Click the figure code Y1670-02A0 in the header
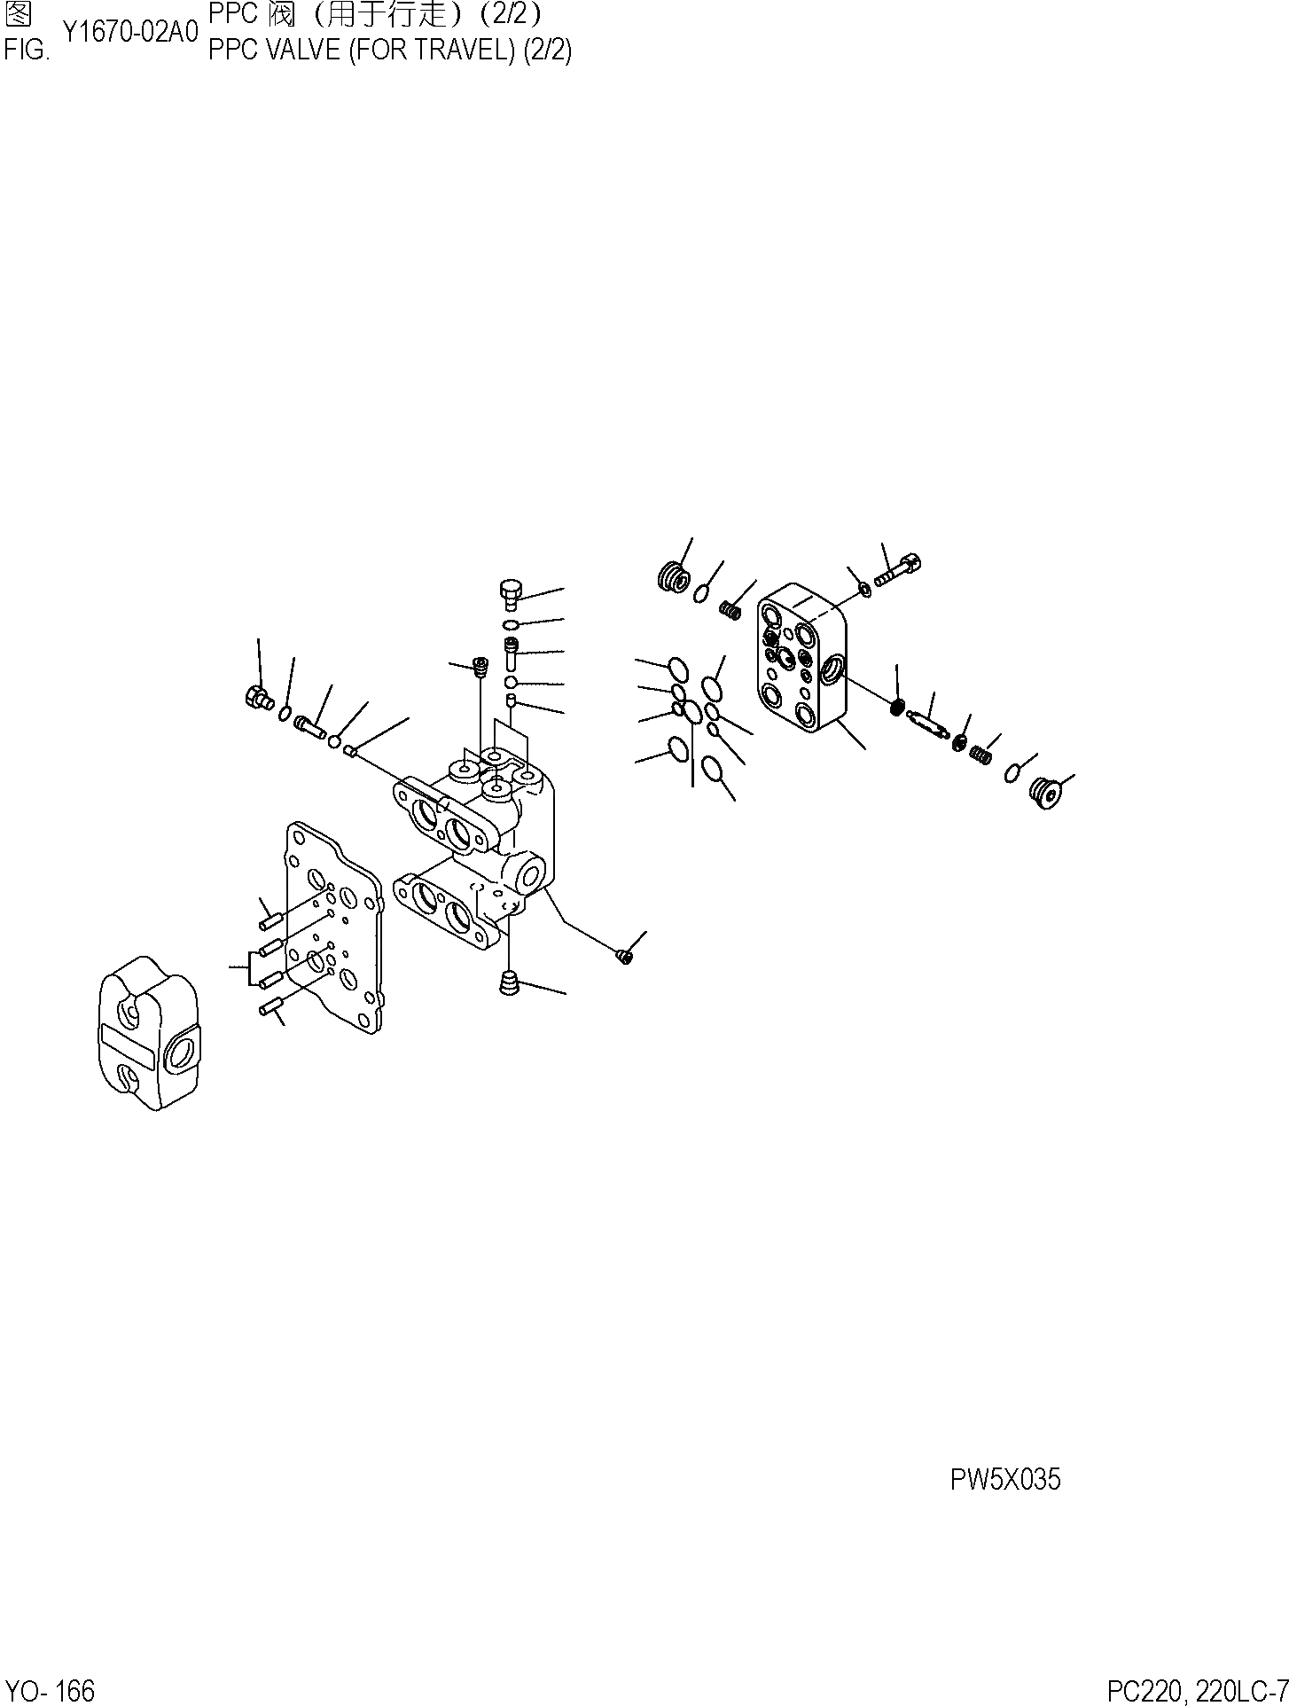129,33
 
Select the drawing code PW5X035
1004,1479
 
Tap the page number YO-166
50,1690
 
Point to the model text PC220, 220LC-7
1196,1690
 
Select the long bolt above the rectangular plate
899,569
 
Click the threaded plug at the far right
1046,794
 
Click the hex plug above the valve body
512,594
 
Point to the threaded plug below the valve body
509,983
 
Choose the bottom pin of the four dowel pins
270,1006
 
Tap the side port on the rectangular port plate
832,671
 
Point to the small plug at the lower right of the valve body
624,955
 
